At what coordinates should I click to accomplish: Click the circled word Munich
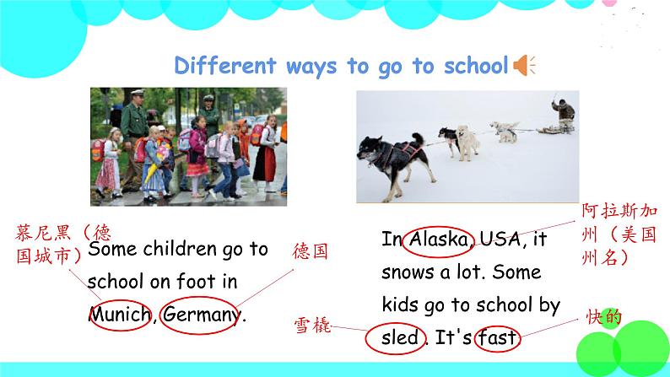119,315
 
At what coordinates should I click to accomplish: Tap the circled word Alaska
439,240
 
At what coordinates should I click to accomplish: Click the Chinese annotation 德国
310,251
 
